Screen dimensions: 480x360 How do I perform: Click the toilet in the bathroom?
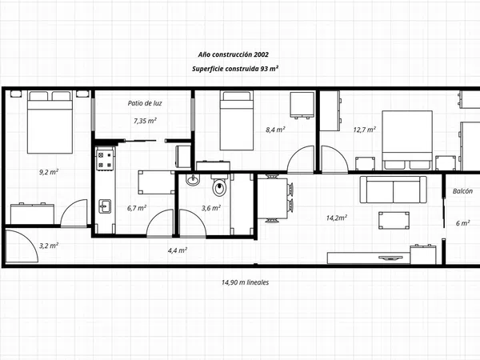(219, 186)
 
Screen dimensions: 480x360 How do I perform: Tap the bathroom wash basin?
(193, 180)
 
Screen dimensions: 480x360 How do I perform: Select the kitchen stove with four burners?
(105, 158)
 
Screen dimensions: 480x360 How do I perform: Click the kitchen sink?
(105, 206)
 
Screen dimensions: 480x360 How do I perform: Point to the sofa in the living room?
(393, 190)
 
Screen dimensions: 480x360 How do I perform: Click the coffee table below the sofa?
(394, 221)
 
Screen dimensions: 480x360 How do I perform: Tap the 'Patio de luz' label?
(145, 103)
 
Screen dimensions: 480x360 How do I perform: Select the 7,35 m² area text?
(145, 121)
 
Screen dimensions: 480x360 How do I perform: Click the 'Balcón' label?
(462, 191)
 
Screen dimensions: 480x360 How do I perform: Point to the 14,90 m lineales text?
(246, 282)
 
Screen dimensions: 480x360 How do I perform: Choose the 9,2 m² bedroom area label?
(49, 172)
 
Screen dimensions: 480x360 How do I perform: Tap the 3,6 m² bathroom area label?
(211, 208)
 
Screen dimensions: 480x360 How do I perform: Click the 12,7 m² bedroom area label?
(364, 130)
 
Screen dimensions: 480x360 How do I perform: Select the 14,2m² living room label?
(337, 218)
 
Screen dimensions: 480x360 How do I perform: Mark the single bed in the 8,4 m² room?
(237, 120)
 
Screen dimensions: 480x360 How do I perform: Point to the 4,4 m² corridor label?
(178, 250)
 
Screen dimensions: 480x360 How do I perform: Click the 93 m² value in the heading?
(270, 69)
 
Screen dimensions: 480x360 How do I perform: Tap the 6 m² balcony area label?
(463, 223)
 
